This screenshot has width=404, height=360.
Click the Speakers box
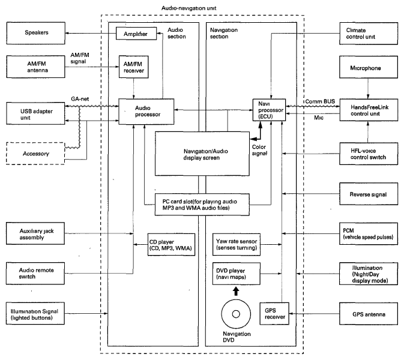34,32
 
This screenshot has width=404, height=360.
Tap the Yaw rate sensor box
239,245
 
